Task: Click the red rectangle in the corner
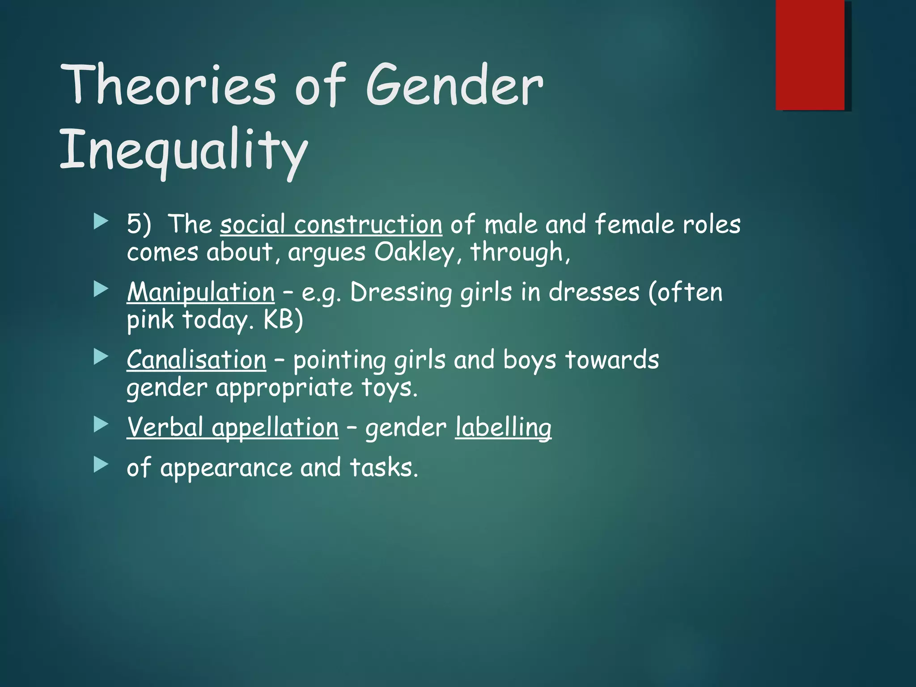click(810, 55)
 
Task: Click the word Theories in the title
click(168, 85)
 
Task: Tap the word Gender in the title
click(454, 85)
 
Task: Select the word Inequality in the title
click(183, 150)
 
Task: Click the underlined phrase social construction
click(331, 224)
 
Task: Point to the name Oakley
click(414, 252)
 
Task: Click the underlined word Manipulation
click(200, 293)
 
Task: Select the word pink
click(150, 320)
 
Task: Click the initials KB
click(278, 319)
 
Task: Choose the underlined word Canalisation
click(196, 360)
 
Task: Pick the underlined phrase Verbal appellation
click(233, 427)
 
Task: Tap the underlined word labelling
click(503, 427)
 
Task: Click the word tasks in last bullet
click(383, 467)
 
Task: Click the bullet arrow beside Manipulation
click(101, 290)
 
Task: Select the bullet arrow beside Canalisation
click(101, 357)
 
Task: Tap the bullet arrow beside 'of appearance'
click(101, 465)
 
